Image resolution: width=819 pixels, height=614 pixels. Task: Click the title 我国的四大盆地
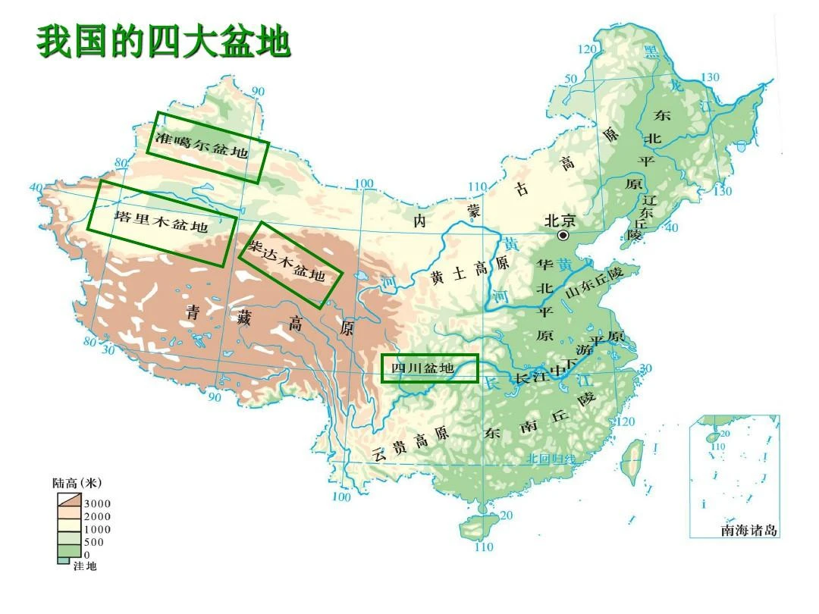164,42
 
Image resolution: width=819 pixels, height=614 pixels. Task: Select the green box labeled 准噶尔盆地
208,147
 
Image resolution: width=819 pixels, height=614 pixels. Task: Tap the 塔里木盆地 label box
162,223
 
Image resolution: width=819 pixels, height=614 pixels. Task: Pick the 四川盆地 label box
429,368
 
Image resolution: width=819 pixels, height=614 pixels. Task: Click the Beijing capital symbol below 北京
563,236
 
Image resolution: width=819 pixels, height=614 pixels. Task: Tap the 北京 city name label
560,221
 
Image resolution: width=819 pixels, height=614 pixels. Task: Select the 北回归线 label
551,459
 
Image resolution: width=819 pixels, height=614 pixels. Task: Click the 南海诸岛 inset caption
749,531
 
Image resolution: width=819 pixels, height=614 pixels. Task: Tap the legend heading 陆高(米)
77,483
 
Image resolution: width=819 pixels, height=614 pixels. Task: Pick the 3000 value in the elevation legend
97,503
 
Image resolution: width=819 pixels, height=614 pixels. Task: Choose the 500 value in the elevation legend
94,542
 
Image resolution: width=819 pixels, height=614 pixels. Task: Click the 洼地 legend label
84,566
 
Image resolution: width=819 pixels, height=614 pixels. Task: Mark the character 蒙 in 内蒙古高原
473,211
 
